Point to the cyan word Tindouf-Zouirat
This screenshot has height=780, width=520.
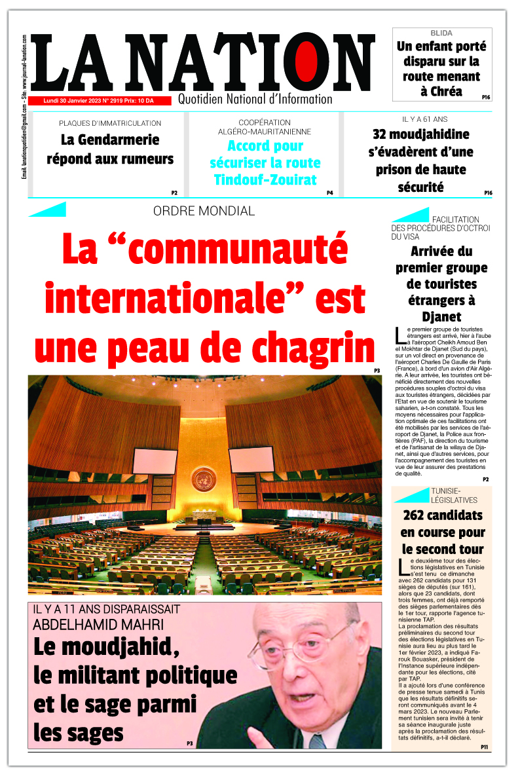266,179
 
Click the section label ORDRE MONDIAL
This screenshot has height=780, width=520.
204,211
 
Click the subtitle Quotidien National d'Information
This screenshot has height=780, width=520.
255,99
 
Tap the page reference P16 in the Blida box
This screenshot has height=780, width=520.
486,97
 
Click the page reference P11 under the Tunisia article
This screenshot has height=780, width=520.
484,747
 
